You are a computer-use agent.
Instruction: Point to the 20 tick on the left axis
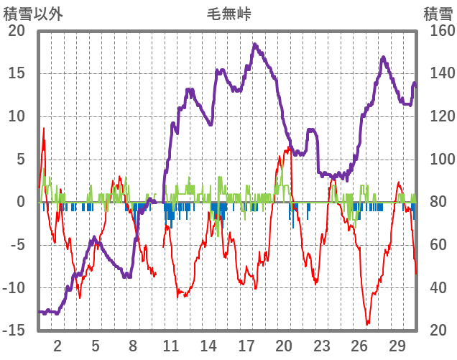tap(16, 31)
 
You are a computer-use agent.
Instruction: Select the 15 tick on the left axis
tap(16, 73)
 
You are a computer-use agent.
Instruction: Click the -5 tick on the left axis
tap(16, 245)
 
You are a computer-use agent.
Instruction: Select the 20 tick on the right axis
tap(434, 331)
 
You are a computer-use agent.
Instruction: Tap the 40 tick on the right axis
tap(434, 287)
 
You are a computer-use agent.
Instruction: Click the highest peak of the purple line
tap(254, 45)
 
